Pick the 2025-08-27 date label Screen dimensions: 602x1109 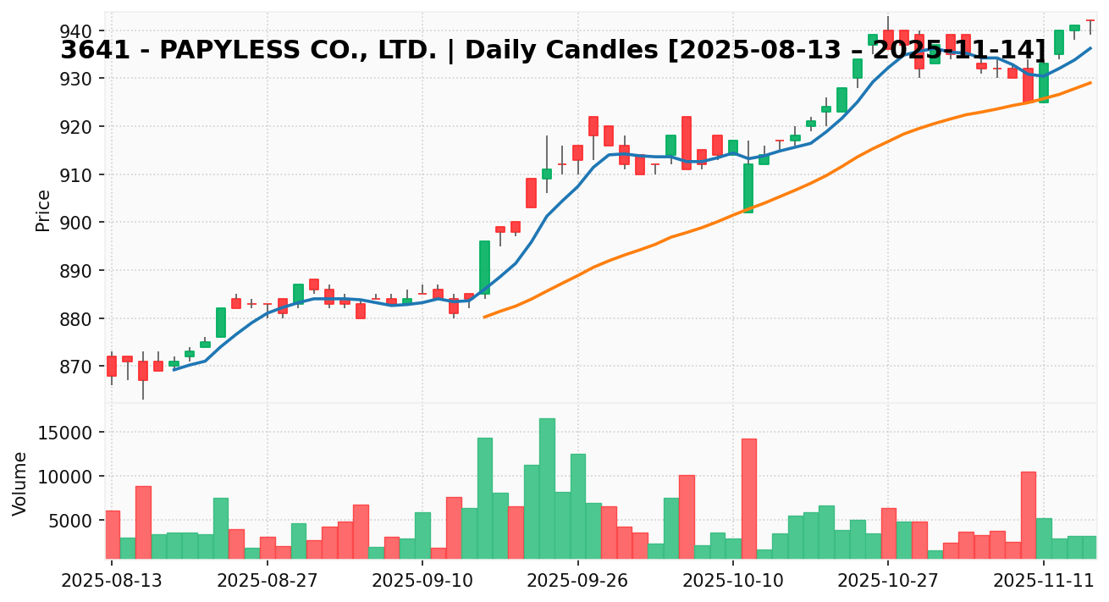[x=268, y=583]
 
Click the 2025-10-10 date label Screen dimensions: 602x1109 [x=733, y=583]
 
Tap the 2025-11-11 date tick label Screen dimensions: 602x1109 [x=1044, y=583]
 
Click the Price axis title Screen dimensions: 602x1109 [x=43, y=210]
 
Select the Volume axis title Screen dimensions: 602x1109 [x=20, y=483]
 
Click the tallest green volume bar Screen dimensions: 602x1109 [x=547, y=489]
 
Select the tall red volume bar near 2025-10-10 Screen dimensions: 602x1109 [x=748, y=499]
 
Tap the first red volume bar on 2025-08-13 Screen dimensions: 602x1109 [x=112, y=534]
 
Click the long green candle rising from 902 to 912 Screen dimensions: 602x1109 [x=748, y=188]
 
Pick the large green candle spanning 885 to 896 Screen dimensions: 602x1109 [x=484, y=268]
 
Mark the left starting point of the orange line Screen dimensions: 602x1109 [x=484, y=318]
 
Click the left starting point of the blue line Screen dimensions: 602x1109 [x=174, y=370]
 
